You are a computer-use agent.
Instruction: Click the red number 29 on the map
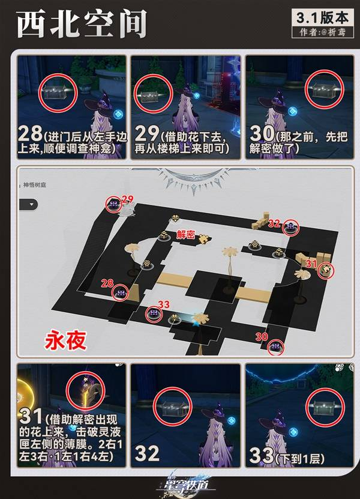pos(127,199)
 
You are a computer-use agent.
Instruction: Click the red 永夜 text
pos(65,341)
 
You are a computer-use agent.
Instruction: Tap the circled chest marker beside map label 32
pos(291,227)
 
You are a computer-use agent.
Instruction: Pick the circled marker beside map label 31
pos(326,270)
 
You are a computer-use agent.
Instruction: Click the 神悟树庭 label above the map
pos(37,186)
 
